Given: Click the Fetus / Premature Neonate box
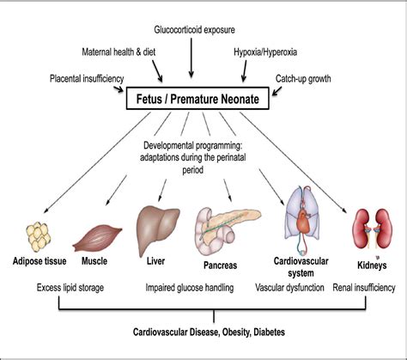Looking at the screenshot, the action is [x=197, y=99].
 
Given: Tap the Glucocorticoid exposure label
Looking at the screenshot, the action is [x=195, y=30].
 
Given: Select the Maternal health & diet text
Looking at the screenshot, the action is [x=118, y=52].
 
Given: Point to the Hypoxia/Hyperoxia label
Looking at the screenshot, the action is [x=265, y=52].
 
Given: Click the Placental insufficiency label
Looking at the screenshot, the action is [x=87, y=78].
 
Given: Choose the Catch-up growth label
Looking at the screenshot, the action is [x=303, y=78].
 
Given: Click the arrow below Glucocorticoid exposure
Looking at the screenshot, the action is [x=191, y=58].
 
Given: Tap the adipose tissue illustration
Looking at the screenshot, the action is [x=39, y=237].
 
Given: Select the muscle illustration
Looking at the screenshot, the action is [x=97, y=238].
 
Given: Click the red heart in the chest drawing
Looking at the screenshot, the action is [x=303, y=221].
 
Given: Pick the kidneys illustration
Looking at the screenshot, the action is [x=372, y=229].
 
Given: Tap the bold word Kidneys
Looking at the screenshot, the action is [x=372, y=265].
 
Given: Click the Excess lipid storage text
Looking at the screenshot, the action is [x=70, y=288].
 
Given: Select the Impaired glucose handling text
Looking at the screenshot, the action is [x=190, y=288].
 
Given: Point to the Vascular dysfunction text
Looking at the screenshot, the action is [x=289, y=288].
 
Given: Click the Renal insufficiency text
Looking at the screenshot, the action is [x=364, y=288].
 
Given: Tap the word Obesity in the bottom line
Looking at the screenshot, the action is [x=236, y=333].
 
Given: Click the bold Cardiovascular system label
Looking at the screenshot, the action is [x=301, y=267].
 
